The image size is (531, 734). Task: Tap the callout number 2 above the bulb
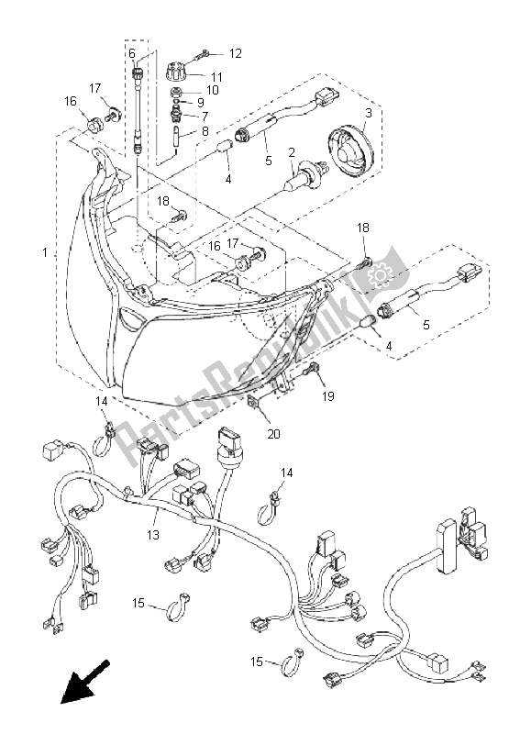(292, 152)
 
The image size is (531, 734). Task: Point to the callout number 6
(131, 53)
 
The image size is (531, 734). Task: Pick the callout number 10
(212, 90)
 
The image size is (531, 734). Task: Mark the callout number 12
(235, 53)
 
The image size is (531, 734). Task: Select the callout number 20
(273, 433)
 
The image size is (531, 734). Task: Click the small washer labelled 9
(176, 103)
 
